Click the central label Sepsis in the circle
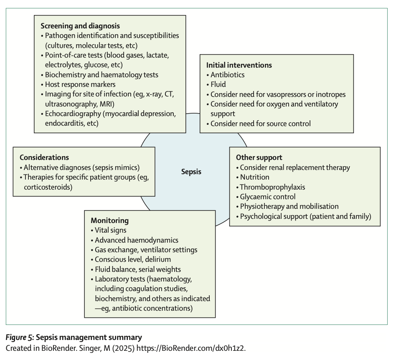tap(191, 171)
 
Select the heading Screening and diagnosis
tap(80, 26)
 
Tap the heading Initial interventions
tap(239, 65)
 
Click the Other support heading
tap(259, 157)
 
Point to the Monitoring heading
tap(109, 220)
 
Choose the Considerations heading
tap(44, 157)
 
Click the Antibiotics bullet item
tap(227, 75)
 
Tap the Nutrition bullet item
tap(254, 177)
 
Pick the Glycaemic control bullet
tap(267, 197)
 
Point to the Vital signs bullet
tap(110, 230)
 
